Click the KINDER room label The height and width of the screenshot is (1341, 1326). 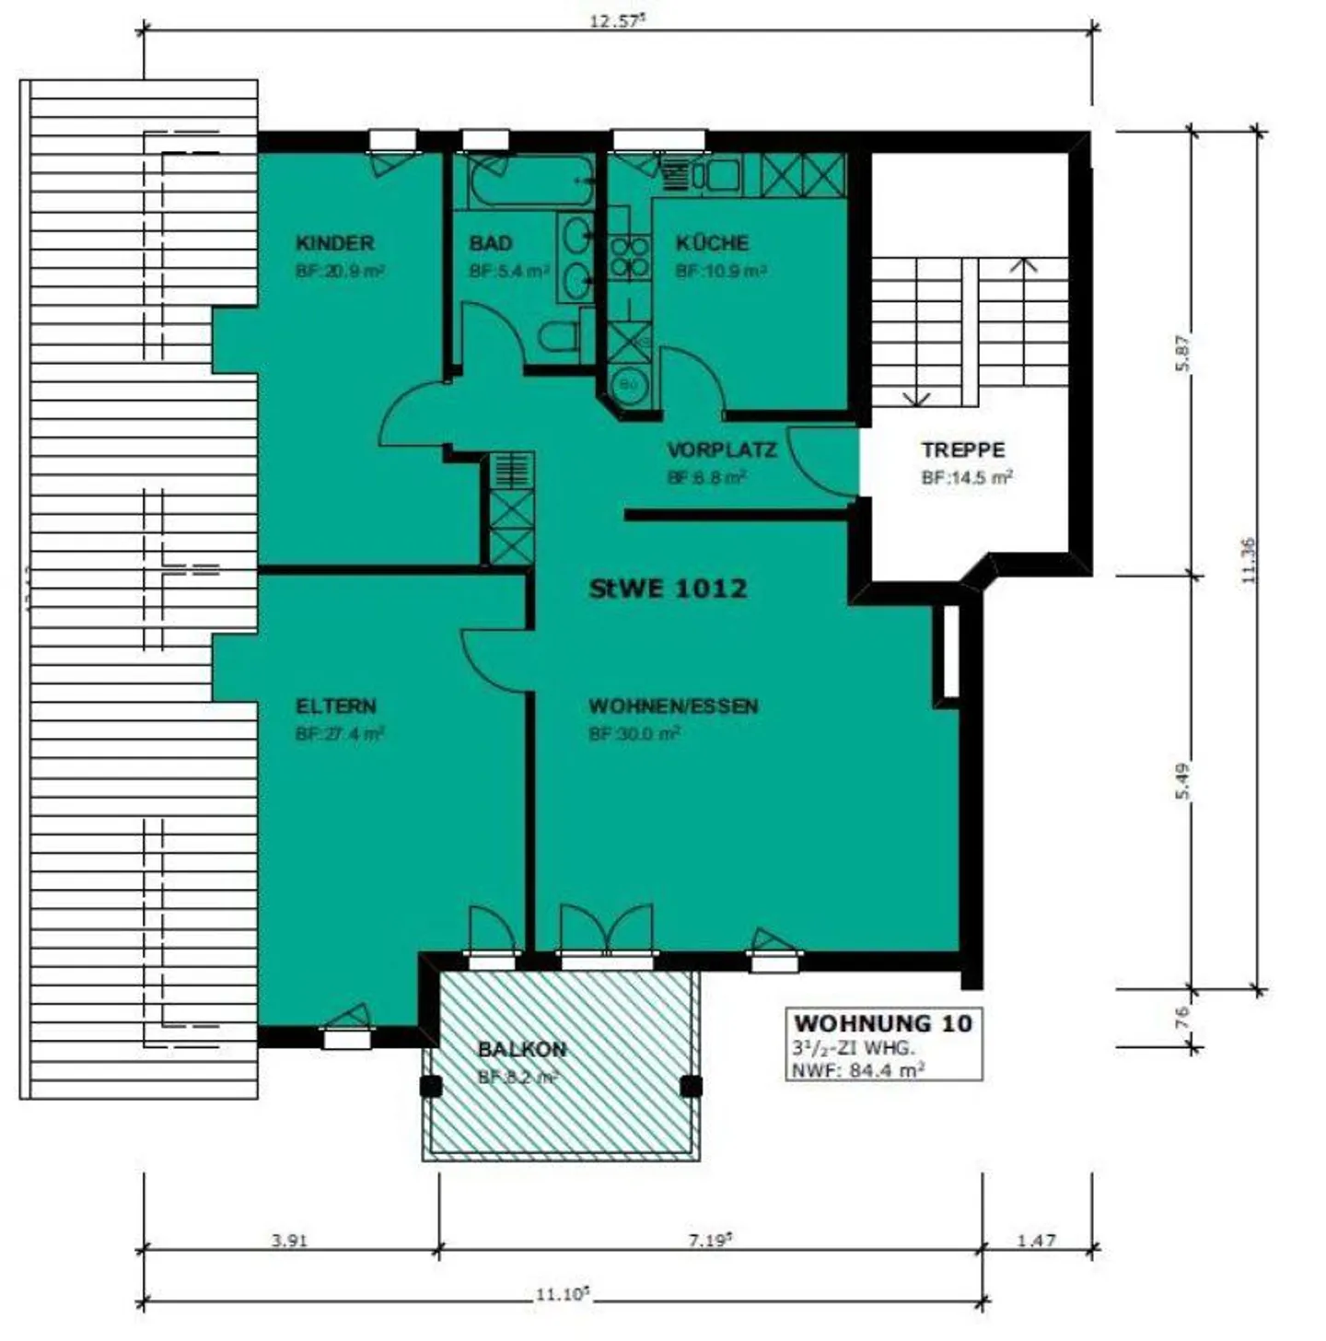pos(334,243)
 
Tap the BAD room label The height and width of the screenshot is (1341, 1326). pos(490,243)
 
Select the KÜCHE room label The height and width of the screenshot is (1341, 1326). pos(712,243)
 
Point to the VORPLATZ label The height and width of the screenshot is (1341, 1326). pos(721,450)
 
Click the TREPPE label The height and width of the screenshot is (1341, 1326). pos(963,450)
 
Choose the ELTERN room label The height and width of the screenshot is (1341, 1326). pos(335,706)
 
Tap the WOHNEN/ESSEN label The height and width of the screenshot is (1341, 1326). pos(673,706)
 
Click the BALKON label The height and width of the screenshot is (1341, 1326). pos(522,1049)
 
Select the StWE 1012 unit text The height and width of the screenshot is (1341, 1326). pos(668,589)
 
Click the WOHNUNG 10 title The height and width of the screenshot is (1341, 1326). pos(882,1023)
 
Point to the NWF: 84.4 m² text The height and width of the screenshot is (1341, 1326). pos(857,1069)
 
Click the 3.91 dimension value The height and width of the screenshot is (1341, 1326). pos(288,1241)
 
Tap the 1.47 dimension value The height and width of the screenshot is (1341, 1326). pos(1036,1241)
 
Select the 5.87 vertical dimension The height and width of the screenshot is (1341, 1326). pos(1184,352)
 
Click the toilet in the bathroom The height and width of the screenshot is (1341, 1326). pos(559,338)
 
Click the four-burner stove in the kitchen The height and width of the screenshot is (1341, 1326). pos(630,257)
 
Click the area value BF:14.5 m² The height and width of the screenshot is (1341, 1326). pos(967,478)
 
